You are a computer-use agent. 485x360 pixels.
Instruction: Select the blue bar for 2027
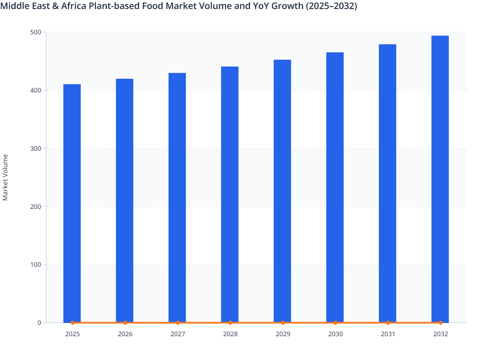click(x=177, y=198)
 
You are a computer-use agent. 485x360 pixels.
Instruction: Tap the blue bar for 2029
click(x=282, y=191)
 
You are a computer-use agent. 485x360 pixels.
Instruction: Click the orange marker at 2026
click(x=125, y=322)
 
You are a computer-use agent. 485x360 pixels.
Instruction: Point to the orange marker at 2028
click(x=230, y=322)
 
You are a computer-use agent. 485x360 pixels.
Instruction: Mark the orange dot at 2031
click(x=388, y=322)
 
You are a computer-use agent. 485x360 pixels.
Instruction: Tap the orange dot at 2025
click(x=72, y=322)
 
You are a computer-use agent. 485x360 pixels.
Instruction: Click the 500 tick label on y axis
click(x=36, y=32)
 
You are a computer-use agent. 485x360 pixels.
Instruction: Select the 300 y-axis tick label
click(x=36, y=148)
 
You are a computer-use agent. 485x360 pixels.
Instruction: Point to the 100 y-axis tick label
click(x=36, y=265)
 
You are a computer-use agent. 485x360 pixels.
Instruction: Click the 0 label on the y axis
click(x=39, y=323)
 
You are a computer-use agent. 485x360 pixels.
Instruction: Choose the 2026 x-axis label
click(x=125, y=334)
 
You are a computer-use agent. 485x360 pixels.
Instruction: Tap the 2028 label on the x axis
click(x=230, y=334)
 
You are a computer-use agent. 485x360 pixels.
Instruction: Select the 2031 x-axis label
click(x=388, y=334)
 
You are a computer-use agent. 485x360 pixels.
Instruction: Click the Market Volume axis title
click(x=5, y=177)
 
